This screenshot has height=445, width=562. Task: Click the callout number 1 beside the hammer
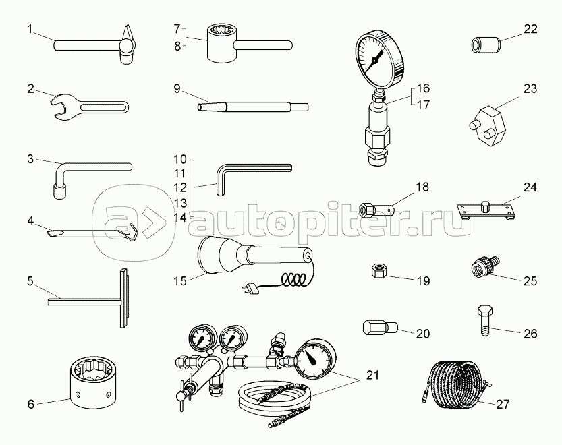[30, 28]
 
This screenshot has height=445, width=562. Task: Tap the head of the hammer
[128, 46]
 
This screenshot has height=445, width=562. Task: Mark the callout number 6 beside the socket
[30, 405]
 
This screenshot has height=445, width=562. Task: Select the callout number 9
[176, 88]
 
